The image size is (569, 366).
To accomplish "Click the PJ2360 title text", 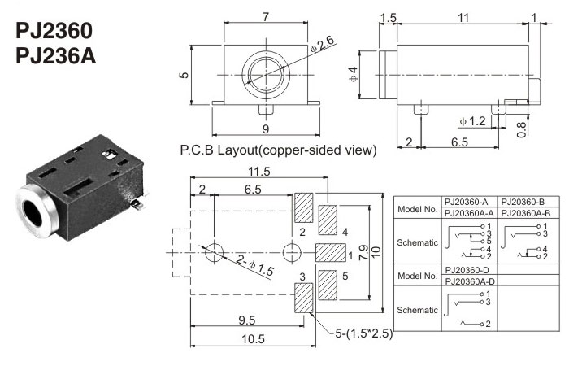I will click(54, 32).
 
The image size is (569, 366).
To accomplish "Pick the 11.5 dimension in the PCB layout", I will click(259, 172).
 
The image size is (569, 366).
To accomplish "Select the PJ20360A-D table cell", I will click(469, 281).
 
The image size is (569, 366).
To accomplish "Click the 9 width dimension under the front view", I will click(265, 128).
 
